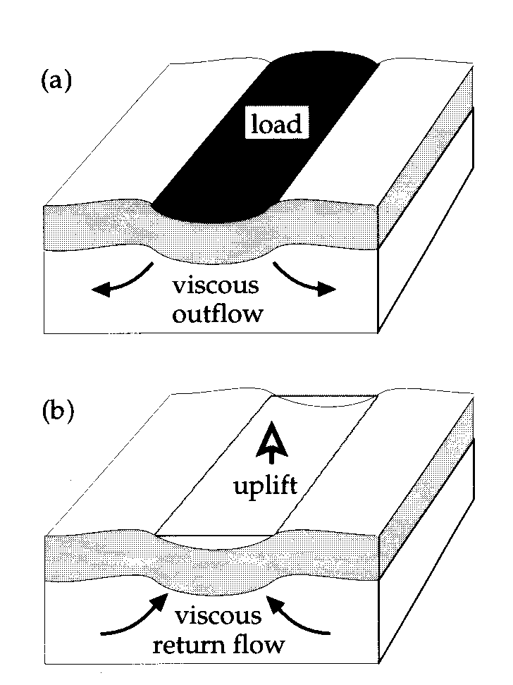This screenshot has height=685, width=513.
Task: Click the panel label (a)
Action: coord(56,81)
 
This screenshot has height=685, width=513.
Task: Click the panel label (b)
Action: coord(58,411)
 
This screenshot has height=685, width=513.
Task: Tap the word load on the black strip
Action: coord(276,123)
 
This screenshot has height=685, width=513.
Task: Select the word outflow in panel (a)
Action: coord(217,313)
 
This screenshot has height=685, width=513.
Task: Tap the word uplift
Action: coord(266,486)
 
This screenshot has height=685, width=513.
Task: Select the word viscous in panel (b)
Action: coord(218,616)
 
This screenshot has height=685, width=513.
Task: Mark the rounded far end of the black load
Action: coord(324,57)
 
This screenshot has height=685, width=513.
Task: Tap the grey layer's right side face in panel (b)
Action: coord(426,489)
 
